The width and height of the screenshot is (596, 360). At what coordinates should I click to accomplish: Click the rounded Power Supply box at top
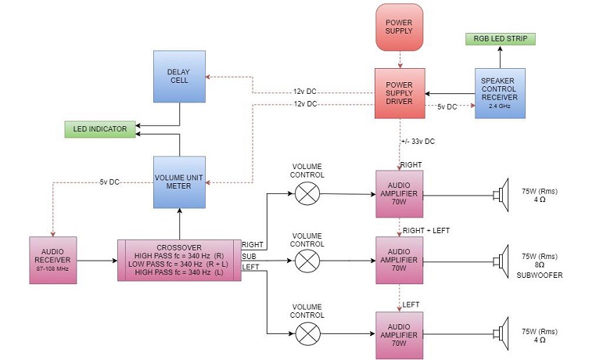399,25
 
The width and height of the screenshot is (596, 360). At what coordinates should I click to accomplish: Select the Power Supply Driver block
399,93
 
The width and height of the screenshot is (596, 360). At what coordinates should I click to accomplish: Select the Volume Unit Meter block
179,181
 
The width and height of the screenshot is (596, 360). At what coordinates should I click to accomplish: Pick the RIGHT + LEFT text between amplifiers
426,230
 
